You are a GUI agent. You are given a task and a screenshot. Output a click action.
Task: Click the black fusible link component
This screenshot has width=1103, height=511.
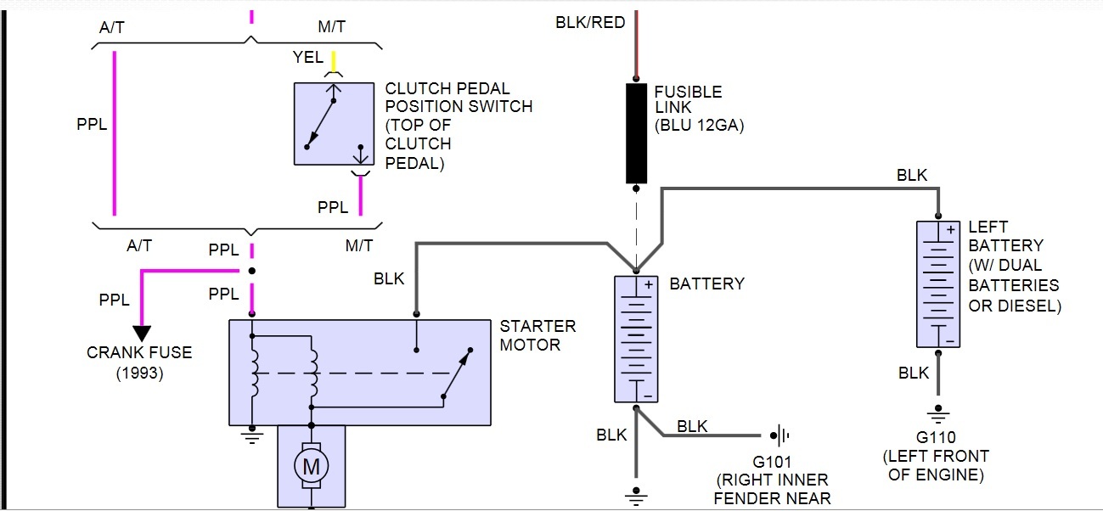click(x=636, y=133)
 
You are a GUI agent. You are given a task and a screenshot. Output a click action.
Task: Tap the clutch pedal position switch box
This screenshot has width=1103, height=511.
click(x=334, y=124)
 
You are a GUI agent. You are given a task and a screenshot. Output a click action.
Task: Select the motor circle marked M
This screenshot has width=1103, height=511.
click(x=312, y=465)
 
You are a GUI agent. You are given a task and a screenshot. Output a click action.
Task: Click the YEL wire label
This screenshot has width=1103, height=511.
click(x=307, y=58)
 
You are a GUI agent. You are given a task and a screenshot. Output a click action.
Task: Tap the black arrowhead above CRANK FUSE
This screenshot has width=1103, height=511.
click(x=142, y=333)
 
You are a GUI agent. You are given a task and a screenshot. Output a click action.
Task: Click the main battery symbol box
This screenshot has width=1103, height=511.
click(x=637, y=339)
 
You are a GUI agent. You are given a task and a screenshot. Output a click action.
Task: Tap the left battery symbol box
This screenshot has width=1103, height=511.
click(x=938, y=284)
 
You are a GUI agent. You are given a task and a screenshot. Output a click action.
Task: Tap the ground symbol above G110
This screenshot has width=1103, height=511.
click(x=938, y=417)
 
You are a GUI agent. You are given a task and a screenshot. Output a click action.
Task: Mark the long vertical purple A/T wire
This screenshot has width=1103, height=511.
click(x=114, y=133)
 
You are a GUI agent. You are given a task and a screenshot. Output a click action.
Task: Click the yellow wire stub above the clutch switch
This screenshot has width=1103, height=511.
click(x=334, y=61)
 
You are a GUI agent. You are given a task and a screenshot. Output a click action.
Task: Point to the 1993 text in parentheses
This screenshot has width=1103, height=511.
click(x=140, y=373)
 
